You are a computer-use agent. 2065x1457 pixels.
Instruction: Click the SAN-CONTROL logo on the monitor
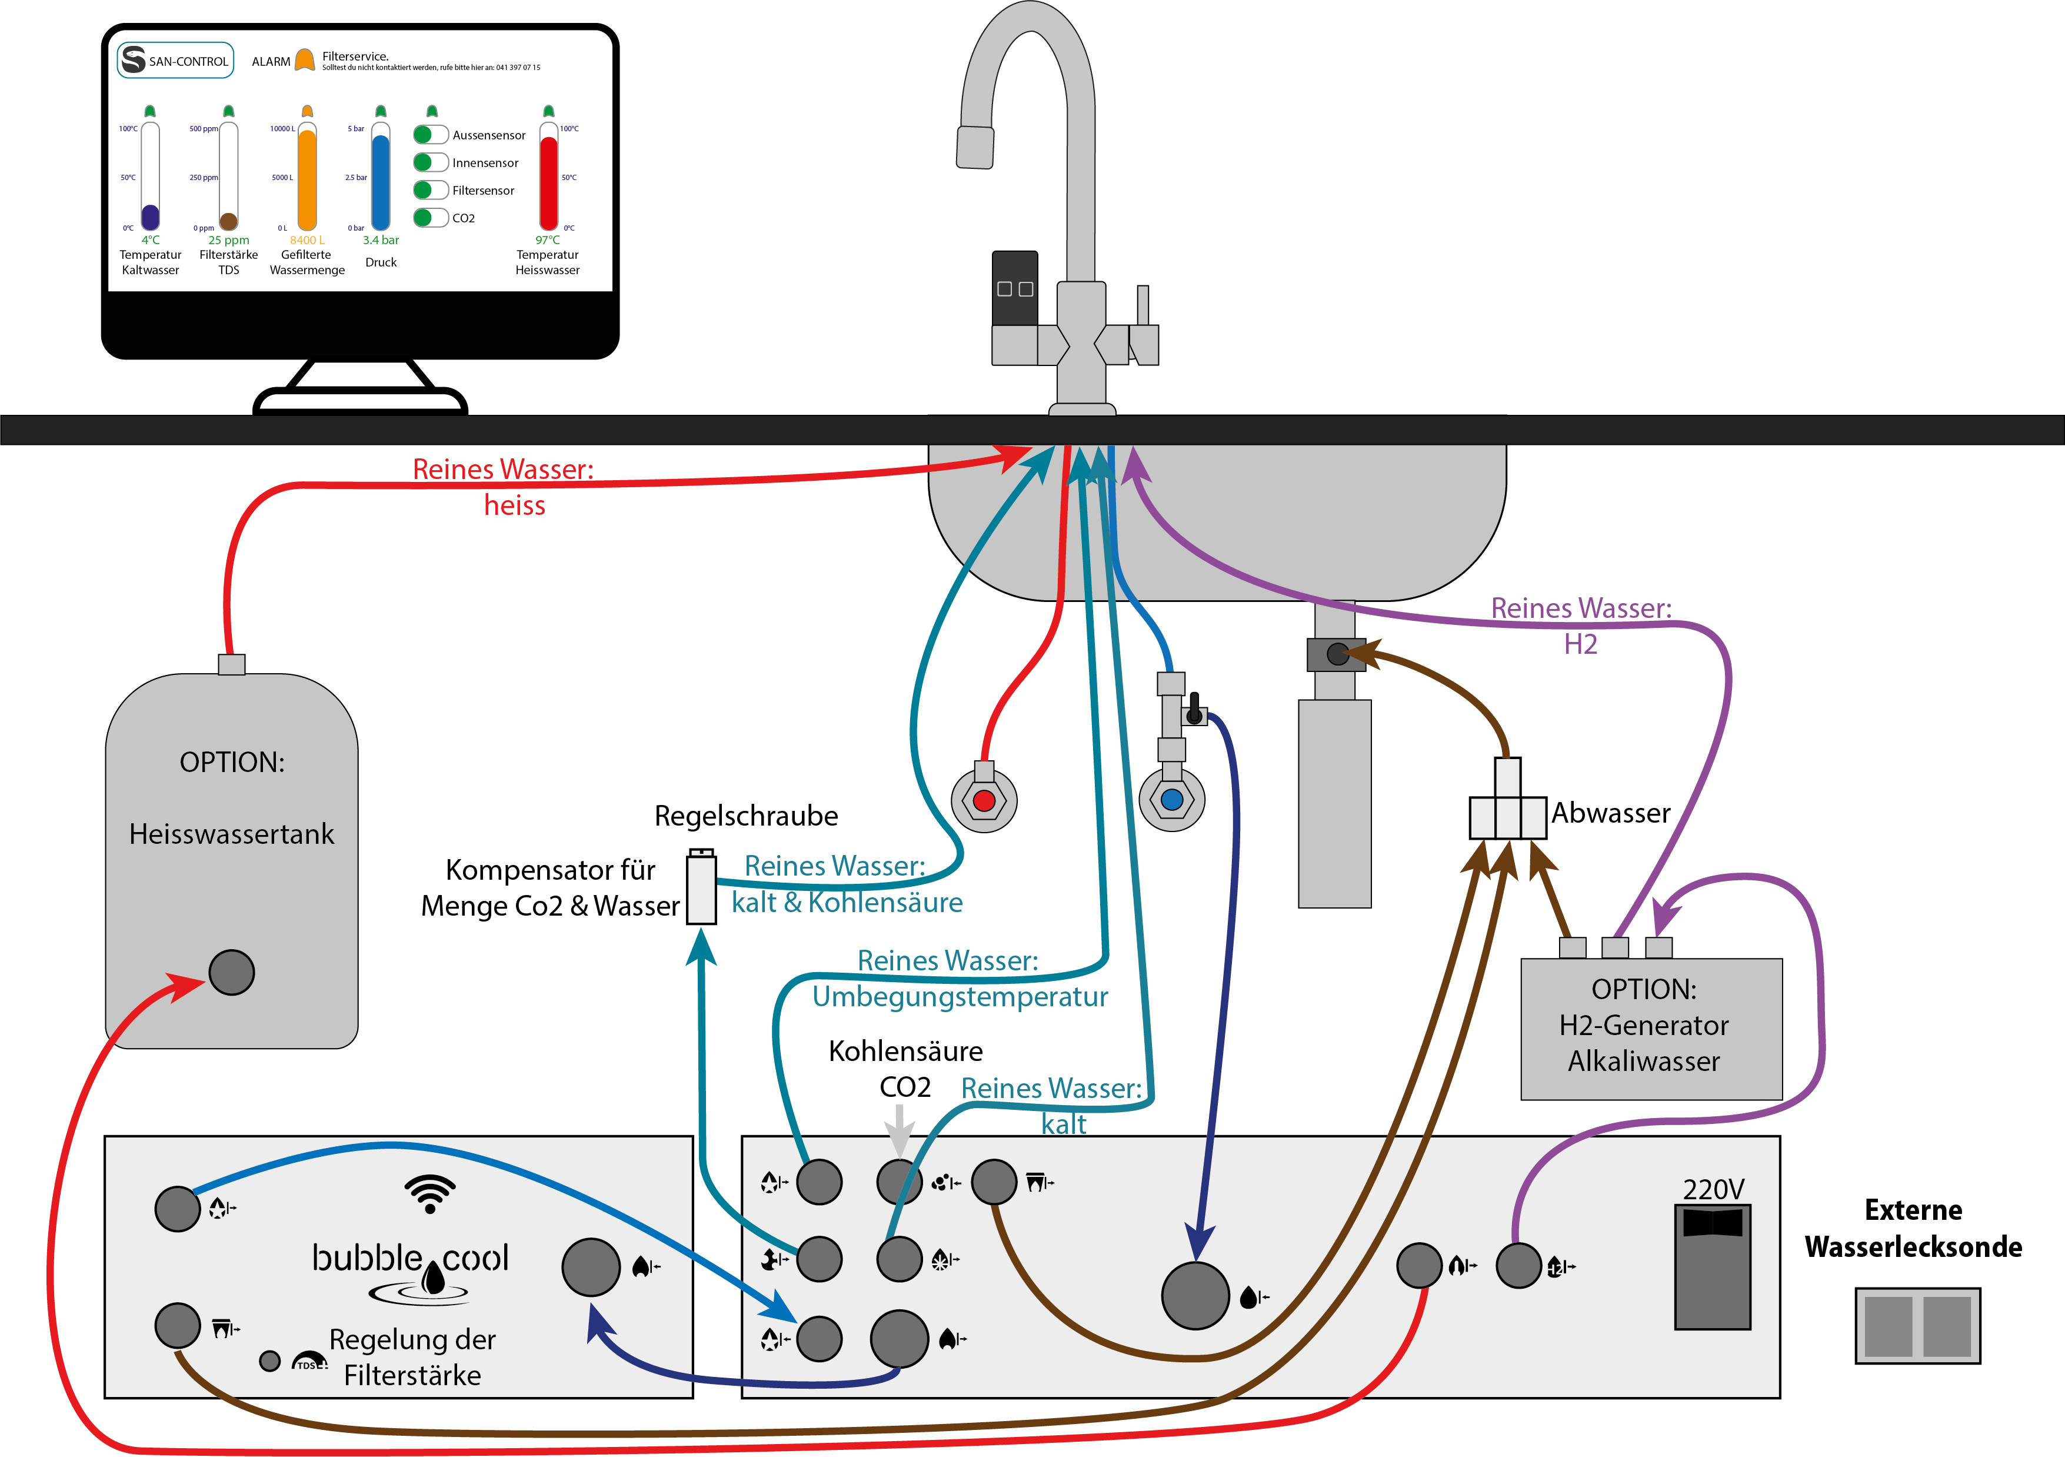point(175,60)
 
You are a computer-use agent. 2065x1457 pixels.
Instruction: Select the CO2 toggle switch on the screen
point(431,218)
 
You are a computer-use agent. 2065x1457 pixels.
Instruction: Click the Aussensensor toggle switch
point(431,135)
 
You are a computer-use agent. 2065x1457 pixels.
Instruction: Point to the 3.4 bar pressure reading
point(381,240)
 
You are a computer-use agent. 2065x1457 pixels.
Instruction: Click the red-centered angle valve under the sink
point(984,800)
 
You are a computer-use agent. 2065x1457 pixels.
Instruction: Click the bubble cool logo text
point(410,1258)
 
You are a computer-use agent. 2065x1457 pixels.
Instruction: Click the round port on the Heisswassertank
point(231,972)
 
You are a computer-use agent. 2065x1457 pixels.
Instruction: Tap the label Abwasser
point(1610,813)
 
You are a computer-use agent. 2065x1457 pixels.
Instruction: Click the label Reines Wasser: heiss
point(504,487)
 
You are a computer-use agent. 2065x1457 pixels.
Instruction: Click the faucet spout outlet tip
point(975,148)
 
